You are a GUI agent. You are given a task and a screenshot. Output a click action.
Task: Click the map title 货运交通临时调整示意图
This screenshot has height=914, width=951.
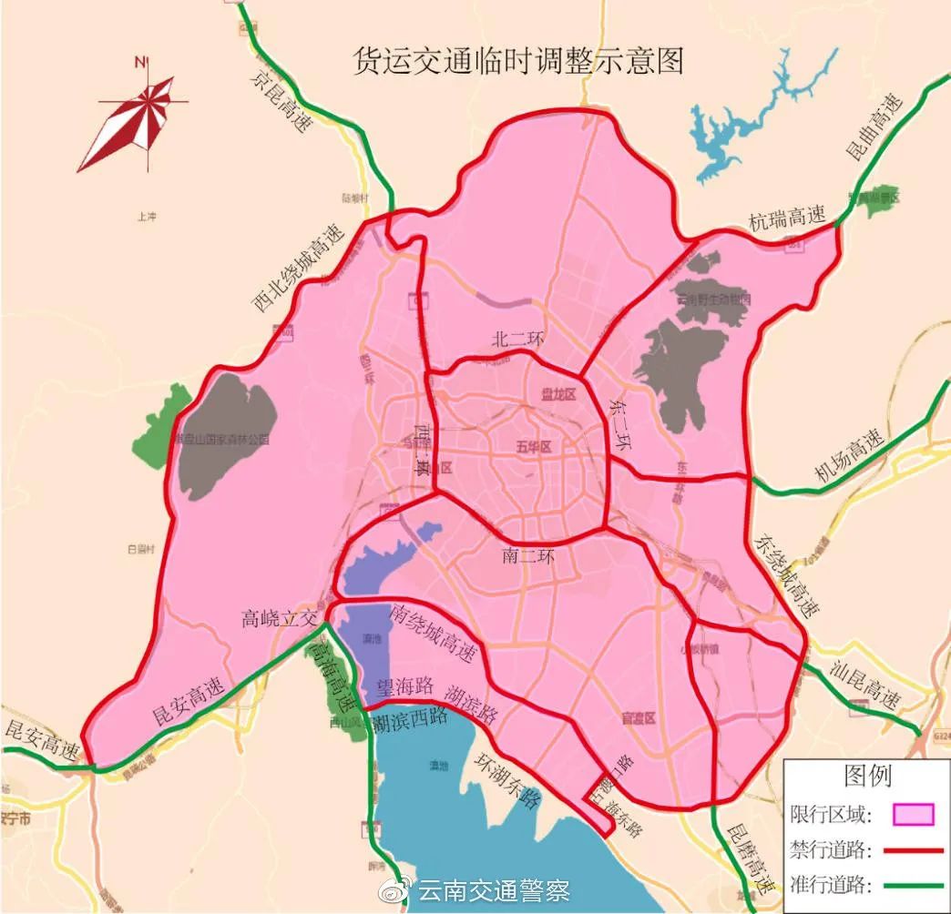pyautogui.click(x=518, y=61)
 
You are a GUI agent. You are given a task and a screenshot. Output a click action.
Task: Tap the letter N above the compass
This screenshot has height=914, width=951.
pyautogui.click(x=139, y=62)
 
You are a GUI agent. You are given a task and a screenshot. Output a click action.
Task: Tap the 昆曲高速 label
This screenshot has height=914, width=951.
pyautogui.click(x=874, y=127)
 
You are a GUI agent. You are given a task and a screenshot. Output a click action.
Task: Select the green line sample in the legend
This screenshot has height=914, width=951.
pyautogui.click(x=913, y=885)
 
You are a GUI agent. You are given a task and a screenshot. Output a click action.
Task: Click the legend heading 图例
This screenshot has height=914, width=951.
pyautogui.click(x=867, y=777)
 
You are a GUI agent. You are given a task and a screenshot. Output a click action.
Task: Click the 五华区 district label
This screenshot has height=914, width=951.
pyautogui.click(x=534, y=446)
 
